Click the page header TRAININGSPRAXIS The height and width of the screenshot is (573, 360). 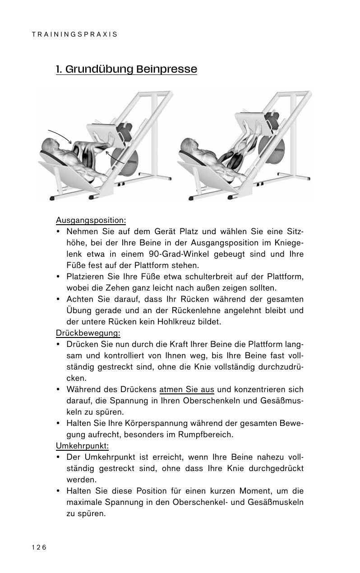coord(74,34)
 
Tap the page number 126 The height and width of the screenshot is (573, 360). coord(39,547)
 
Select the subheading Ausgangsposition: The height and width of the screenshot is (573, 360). coord(91,220)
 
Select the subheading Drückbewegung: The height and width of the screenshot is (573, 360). coord(88,333)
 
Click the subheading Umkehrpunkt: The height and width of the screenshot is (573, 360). coord(82,446)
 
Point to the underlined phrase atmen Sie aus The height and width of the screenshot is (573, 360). coord(187,389)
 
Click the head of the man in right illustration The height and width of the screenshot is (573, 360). coord(189,145)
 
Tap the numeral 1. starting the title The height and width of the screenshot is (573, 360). coord(59,69)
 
